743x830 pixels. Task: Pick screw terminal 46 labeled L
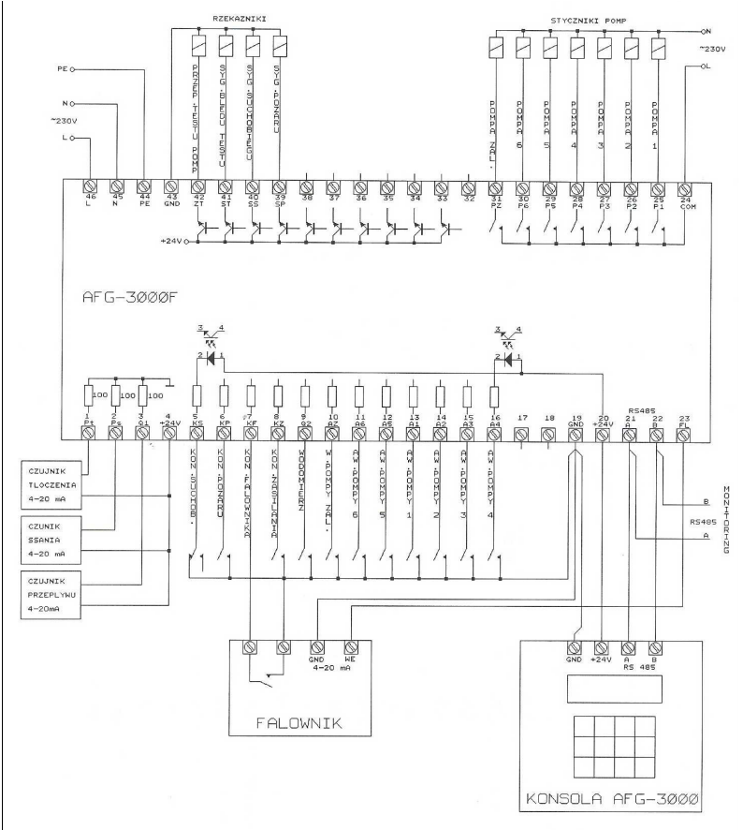[x=92, y=185]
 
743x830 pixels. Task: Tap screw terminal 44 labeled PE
[x=144, y=185]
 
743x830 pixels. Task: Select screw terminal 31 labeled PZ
[x=497, y=185]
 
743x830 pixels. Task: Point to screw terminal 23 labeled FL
[x=685, y=434]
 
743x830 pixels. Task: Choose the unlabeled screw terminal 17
[x=522, y=434]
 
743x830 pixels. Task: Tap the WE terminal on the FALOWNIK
[x=351, y=645]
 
